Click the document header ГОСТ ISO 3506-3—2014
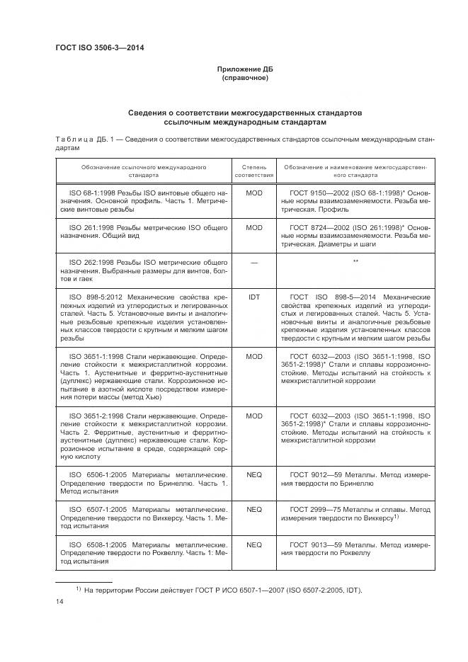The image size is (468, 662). [x=105, y=48]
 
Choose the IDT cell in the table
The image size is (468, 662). [x=253, y=297]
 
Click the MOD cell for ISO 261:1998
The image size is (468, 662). [x=253, y=228]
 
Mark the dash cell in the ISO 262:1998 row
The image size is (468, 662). [x=253, y=262]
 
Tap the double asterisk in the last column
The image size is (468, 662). [x=355, y=262]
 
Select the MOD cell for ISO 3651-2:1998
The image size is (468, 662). [x=253, y=416]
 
